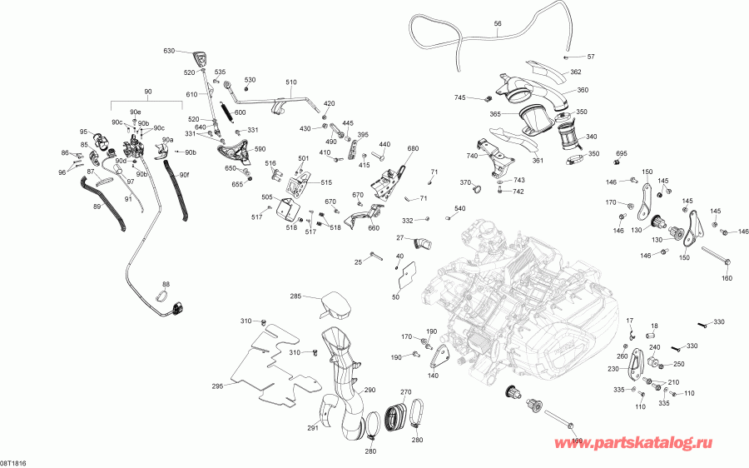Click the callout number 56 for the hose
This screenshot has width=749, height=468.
[498, 24]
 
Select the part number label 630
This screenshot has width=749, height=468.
[169, 52]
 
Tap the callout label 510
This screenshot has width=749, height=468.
[291, 82]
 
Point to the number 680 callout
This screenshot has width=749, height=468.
[413, 149]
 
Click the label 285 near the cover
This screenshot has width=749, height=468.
[295, 296]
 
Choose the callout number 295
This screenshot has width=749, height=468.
[217, 386]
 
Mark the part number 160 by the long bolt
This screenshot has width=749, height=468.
[727, 278]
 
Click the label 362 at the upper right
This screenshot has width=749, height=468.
[576, 72]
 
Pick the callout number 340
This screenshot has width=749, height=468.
[592, 137]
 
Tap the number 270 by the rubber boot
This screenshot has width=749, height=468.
[406, 392]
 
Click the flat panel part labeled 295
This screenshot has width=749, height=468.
[266, 366]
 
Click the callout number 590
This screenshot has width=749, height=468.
[260, 150]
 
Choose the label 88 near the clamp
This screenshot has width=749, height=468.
[165, 285]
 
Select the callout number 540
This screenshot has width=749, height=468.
[459, 208]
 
